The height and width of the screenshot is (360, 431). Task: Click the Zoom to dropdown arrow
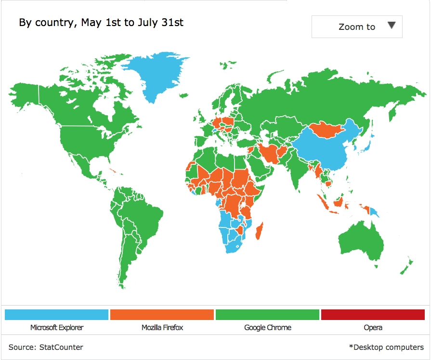pyautogui.click(x=392, y=26)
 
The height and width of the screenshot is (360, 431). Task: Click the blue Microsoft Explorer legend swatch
pyautogui.click(x=56, y=315)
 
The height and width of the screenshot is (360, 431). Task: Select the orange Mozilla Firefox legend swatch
pyautogui.click(x=162, y=315)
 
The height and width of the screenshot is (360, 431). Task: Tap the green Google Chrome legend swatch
pyautogui.click(x=267, y=315)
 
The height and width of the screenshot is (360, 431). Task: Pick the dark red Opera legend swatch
pyautogui.click(x=373, y=315)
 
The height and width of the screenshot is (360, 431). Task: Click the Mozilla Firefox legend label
pyautogui.click(x=162, y=328)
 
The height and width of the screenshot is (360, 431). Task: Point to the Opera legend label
pyautogui.click(x=373, y=328)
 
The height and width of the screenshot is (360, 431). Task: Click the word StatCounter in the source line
pyautogui.click(x=61, y=347)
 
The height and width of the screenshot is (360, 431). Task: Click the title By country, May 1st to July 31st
pyautogui.click(x=101, y=22)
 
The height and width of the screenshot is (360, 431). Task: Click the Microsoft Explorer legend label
pyautogui.click(x=56, y=328)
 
